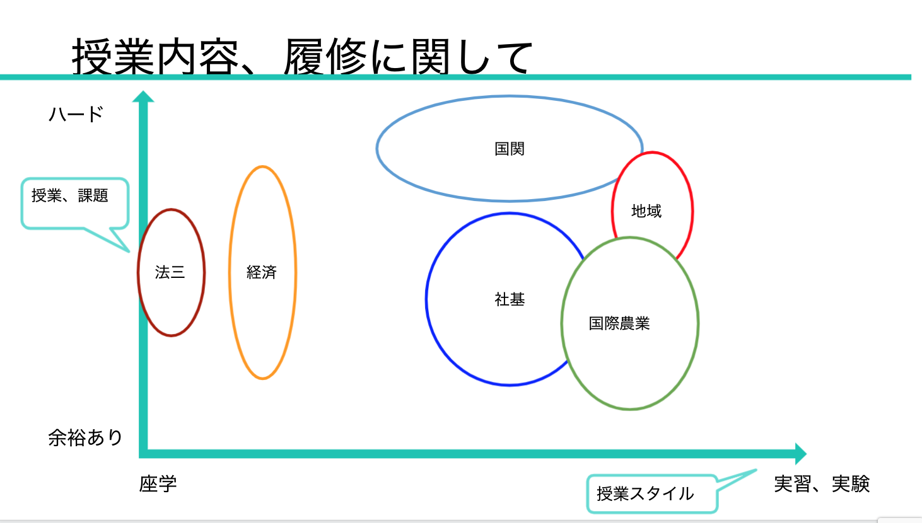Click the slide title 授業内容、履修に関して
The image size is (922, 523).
point(303,56)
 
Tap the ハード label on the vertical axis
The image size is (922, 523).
point(76,114)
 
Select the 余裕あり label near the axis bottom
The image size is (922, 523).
point(85,437)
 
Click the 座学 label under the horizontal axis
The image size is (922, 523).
point(158,483)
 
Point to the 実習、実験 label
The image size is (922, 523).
point(822,483)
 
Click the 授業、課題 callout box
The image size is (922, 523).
point(75,203)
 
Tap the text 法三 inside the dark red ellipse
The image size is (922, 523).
point(170,272)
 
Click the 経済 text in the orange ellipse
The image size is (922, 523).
point(261,272)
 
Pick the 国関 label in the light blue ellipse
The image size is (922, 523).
point(510,149)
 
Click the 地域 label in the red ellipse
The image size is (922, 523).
point(646,211)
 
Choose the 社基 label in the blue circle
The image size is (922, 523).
point(510,300)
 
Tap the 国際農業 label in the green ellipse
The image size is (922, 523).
point(619,324)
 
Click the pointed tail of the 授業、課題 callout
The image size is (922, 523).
point(129,251)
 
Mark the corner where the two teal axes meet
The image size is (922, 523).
point(143,454)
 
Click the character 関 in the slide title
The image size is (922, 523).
point(431,57)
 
